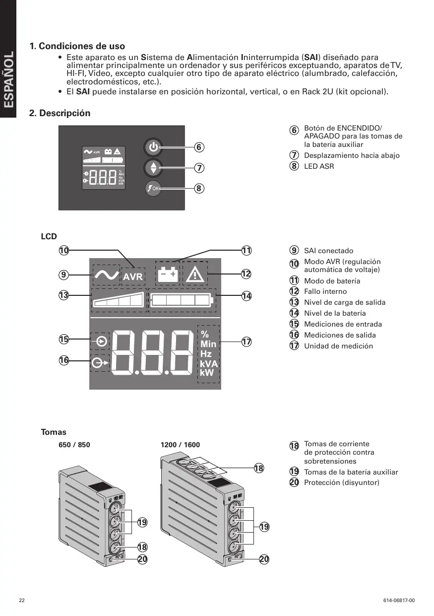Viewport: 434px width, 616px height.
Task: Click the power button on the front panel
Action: (153, 147)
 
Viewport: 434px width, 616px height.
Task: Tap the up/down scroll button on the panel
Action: (153, 168)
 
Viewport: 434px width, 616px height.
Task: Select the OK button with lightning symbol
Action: (153, 189)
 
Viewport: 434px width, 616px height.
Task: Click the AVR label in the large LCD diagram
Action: (132, 276)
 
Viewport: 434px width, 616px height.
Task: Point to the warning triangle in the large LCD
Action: (195, 274)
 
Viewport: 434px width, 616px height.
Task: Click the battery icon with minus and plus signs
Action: (168, 274)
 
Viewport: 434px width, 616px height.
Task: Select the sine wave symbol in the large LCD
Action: (106, 274)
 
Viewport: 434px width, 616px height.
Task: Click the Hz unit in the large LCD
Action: (206, 353)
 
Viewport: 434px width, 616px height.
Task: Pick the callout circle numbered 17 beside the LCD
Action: (246, 342)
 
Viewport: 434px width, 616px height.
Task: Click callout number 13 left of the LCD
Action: (63, 296)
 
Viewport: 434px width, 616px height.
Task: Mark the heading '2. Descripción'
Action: (60, 113)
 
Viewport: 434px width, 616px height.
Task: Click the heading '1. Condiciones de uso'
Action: (77, 47)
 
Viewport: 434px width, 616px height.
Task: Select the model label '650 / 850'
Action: (74, 445)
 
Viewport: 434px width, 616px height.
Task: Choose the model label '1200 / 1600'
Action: (180, 445)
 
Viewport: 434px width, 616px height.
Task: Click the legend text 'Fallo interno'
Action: (325, 291)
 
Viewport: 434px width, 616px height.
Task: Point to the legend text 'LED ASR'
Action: (319, 166)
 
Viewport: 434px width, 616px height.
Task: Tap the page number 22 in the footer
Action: (22, 601)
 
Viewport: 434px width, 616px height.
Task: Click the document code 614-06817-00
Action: (399, 601)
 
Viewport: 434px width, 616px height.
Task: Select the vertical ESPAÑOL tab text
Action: (8, 79)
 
